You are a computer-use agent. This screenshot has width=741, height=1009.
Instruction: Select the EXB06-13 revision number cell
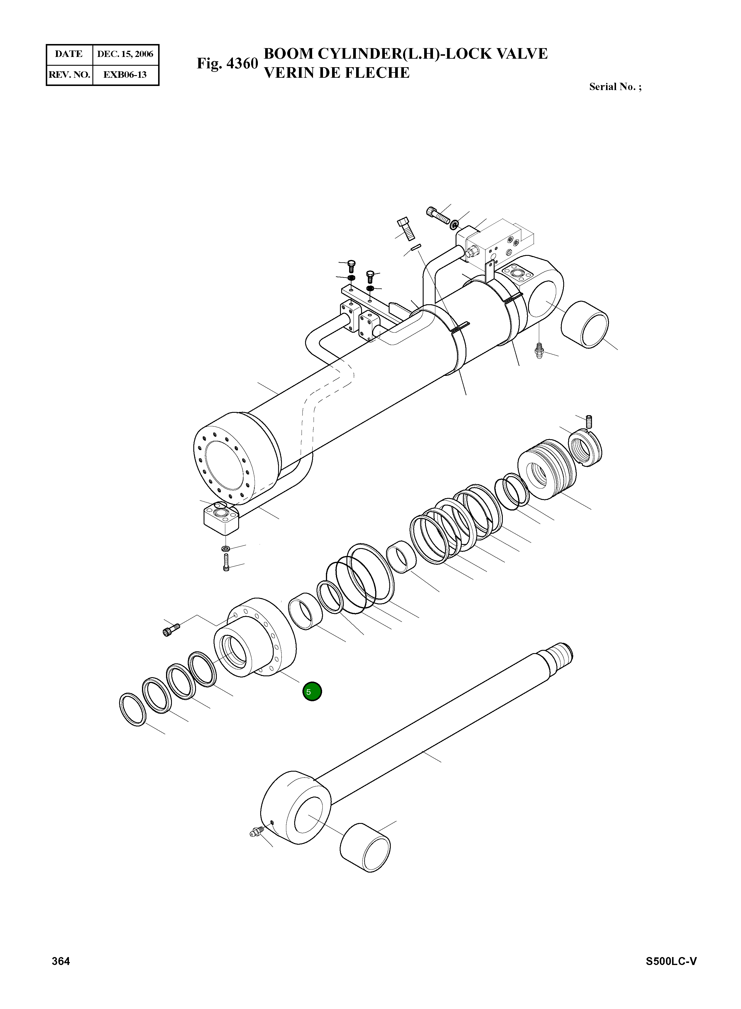[x=125, y=75]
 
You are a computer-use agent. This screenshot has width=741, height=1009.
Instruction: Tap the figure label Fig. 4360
[x=227, y=63]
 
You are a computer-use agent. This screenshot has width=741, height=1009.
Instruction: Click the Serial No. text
[x=615, y=87]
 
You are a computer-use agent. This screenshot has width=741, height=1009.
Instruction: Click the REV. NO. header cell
[x=69, y=75]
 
